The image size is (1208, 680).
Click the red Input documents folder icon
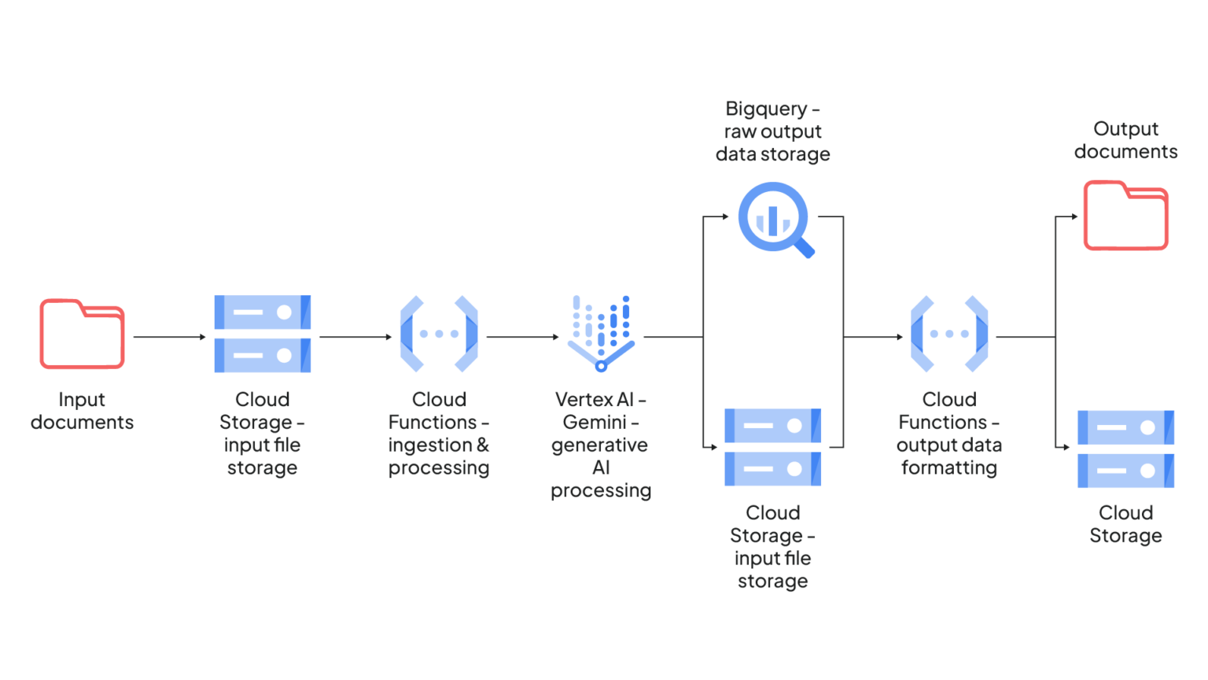(82, 334)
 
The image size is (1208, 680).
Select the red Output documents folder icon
(1125, 216)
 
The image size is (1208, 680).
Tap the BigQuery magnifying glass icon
(774, 218)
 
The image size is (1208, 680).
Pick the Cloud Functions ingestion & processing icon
(439, 334)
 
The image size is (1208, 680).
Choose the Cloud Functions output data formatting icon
(949, 334)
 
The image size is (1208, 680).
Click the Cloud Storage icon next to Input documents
(262, 334)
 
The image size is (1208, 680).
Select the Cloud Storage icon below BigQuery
(772, 447)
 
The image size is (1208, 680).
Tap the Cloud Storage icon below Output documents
(1125, 449)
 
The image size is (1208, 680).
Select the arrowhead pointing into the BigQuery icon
(725, 216)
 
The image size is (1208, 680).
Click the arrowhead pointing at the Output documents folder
(1074, 216)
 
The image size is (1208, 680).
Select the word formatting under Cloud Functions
(949, 468)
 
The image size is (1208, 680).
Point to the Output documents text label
(1125, 140)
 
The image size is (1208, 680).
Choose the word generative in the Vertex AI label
(599, 445)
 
